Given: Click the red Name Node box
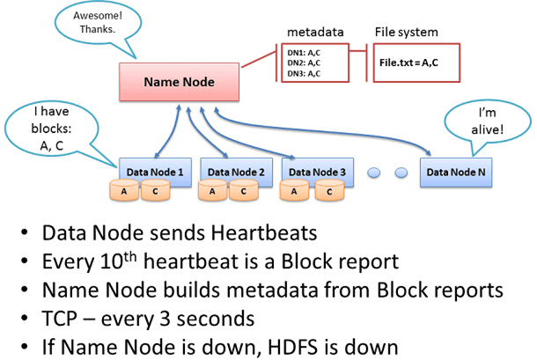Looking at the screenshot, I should click(180, 84).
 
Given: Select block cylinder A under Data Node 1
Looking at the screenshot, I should click(125, 190).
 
